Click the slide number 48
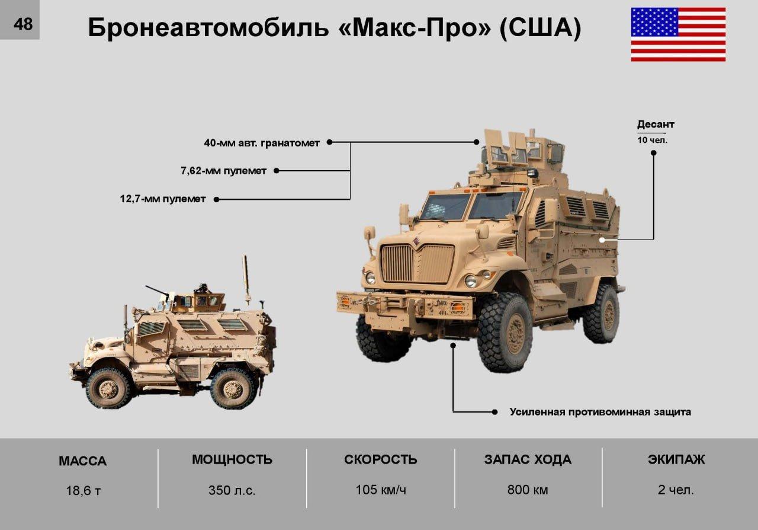(23, 24)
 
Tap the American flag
(678, 34)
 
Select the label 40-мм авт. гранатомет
(262, 143)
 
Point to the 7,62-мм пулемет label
(223, 171)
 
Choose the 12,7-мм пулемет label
(163, 199)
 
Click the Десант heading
(656, 124)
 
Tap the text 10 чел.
(652, 140)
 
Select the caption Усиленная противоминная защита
(600, 412)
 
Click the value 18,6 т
(83, 491)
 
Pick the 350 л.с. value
(232, 490)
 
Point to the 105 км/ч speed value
(381, 490)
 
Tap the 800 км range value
(528, 490)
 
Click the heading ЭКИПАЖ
(676, 459)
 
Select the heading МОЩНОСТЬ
(232, 459)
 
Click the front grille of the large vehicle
(418, 264)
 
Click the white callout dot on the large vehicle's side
(602, 240)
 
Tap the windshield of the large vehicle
(470, 206)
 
